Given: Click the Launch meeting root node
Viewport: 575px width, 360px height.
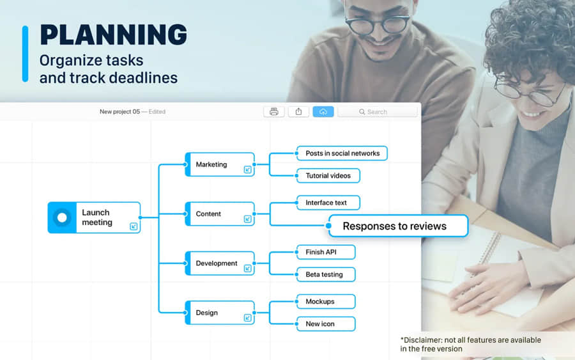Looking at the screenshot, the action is click(x=95, y=217).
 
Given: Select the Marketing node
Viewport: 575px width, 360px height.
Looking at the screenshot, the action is click(x=220, y=164).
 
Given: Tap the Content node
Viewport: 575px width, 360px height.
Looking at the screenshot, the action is click(x=220, y=214).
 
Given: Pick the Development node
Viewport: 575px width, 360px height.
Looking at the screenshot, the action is click(x=220, y=263).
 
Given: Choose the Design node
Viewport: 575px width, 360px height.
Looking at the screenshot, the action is click(x=220, y=313).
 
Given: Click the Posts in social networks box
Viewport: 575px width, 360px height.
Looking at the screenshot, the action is click(x=342, y=153).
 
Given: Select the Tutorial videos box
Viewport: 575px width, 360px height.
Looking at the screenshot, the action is click(x=328, y=176).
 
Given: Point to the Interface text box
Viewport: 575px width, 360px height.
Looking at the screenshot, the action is click(x=328, y=203).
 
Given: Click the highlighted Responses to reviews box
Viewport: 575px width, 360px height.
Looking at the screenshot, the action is click(x=398, y=226).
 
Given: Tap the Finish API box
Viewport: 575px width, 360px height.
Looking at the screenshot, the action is click(x=326, y=252).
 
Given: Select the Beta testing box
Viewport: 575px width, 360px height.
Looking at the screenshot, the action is click(x=326, y=274).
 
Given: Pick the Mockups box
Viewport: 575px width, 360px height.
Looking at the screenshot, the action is click(x=326, y=302).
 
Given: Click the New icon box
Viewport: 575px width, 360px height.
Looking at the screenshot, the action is click(x=326, y=324).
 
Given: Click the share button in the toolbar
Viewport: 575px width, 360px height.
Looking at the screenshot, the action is click(x=298, y=111).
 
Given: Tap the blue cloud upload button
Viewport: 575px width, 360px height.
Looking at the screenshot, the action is click(x=323, y=111).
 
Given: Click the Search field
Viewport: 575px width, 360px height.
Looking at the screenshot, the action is click(x=378, y=111).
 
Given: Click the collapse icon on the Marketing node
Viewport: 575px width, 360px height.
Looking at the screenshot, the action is click(x=247, y=169).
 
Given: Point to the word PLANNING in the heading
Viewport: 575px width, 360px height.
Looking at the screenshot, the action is click(x=114, y=35).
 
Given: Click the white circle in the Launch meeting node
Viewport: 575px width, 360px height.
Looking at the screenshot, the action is click(x=62, y=217).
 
